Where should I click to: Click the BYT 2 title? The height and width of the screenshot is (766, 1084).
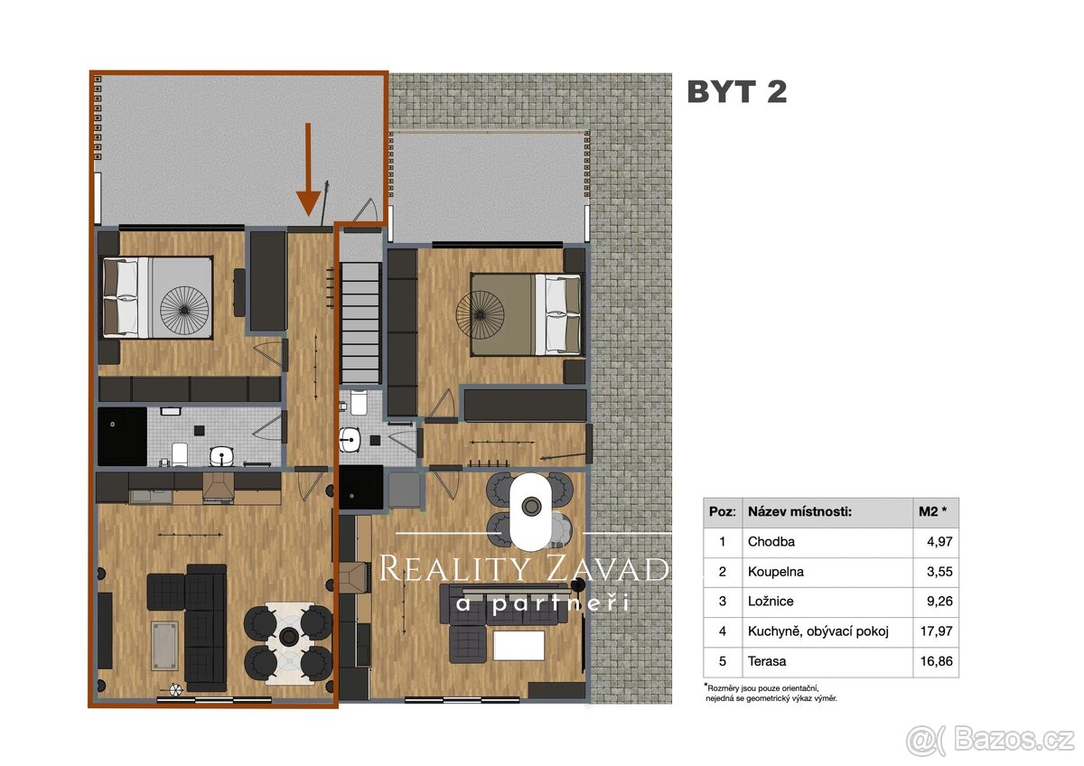click(736, 92)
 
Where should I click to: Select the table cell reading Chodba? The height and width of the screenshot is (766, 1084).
click(771, 543)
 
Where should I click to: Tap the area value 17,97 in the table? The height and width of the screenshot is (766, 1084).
click(934, 631)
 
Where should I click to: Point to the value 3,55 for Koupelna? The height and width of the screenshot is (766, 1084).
click(937, 573)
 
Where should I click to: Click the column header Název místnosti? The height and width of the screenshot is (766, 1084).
click(799, 512)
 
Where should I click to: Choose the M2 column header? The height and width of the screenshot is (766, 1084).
click(932, 512)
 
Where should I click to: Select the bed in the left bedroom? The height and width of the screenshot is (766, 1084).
click(159, 297)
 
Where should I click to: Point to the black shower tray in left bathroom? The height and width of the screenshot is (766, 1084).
click(122, 436)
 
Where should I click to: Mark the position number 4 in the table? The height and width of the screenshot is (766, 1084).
click(722, 631)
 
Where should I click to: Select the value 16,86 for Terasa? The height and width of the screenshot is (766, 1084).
click(934, 661)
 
